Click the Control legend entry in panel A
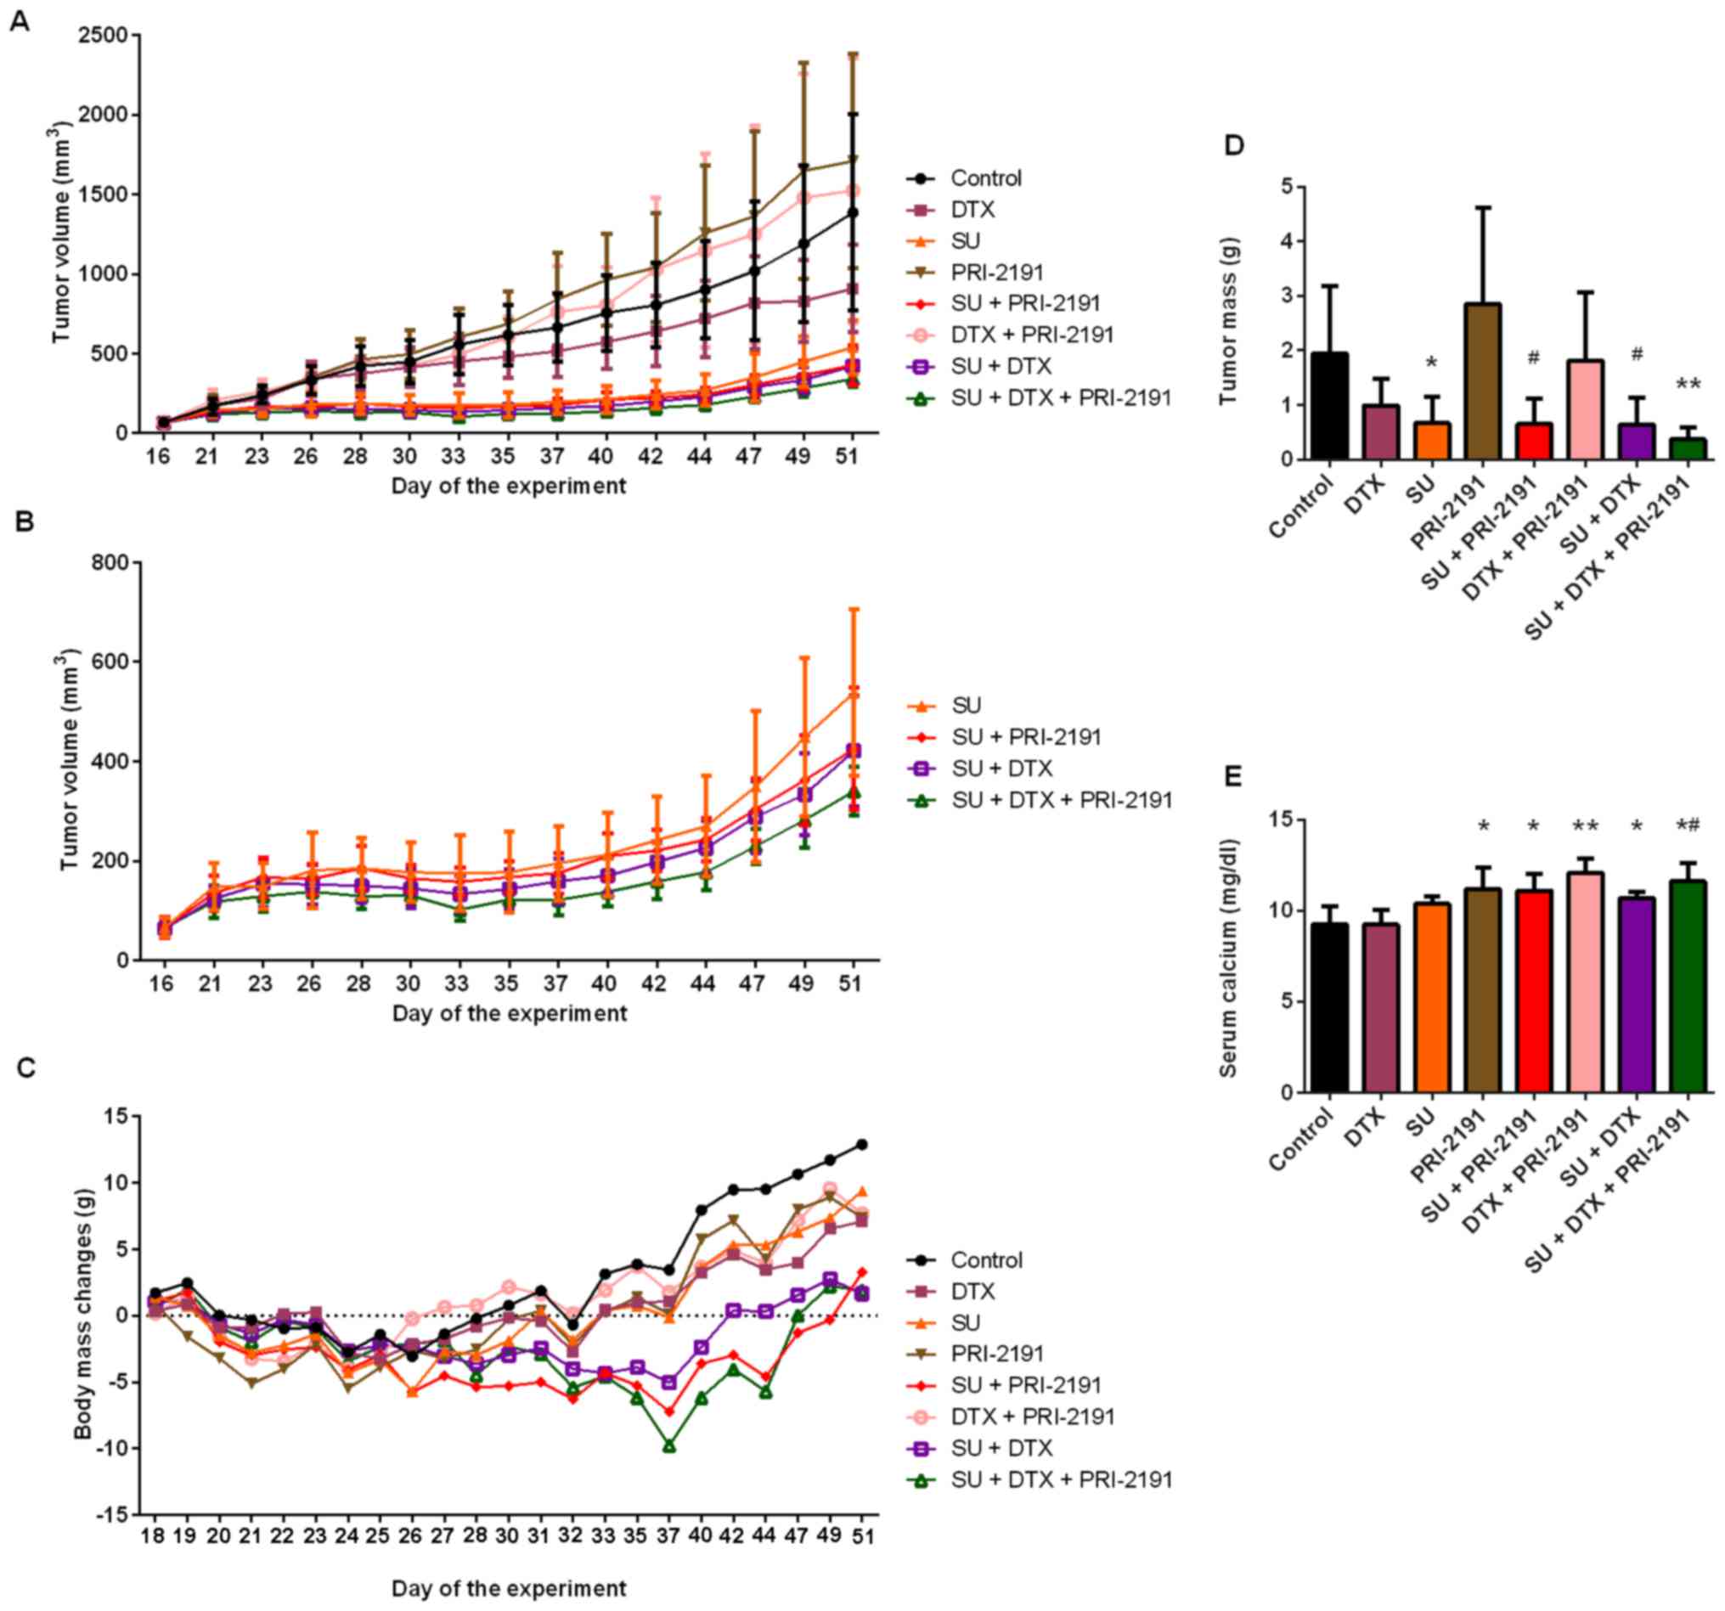click(x=986, y=178)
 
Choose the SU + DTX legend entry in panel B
click(x=1001, y=769)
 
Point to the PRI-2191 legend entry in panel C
click(x=997, y=1354)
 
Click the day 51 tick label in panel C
click(x=861, y=1535)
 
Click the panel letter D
click(x=1234, y=146)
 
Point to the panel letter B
click(x=25, y=522)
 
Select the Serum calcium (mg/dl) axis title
click(x=1229, y=957)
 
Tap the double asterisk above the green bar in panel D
click(x=1688, y=385)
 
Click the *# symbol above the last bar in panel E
click(x=1688, y=826)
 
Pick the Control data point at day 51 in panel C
click(x=861, y=1144)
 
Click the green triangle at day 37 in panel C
click(x=669, y=1445)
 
